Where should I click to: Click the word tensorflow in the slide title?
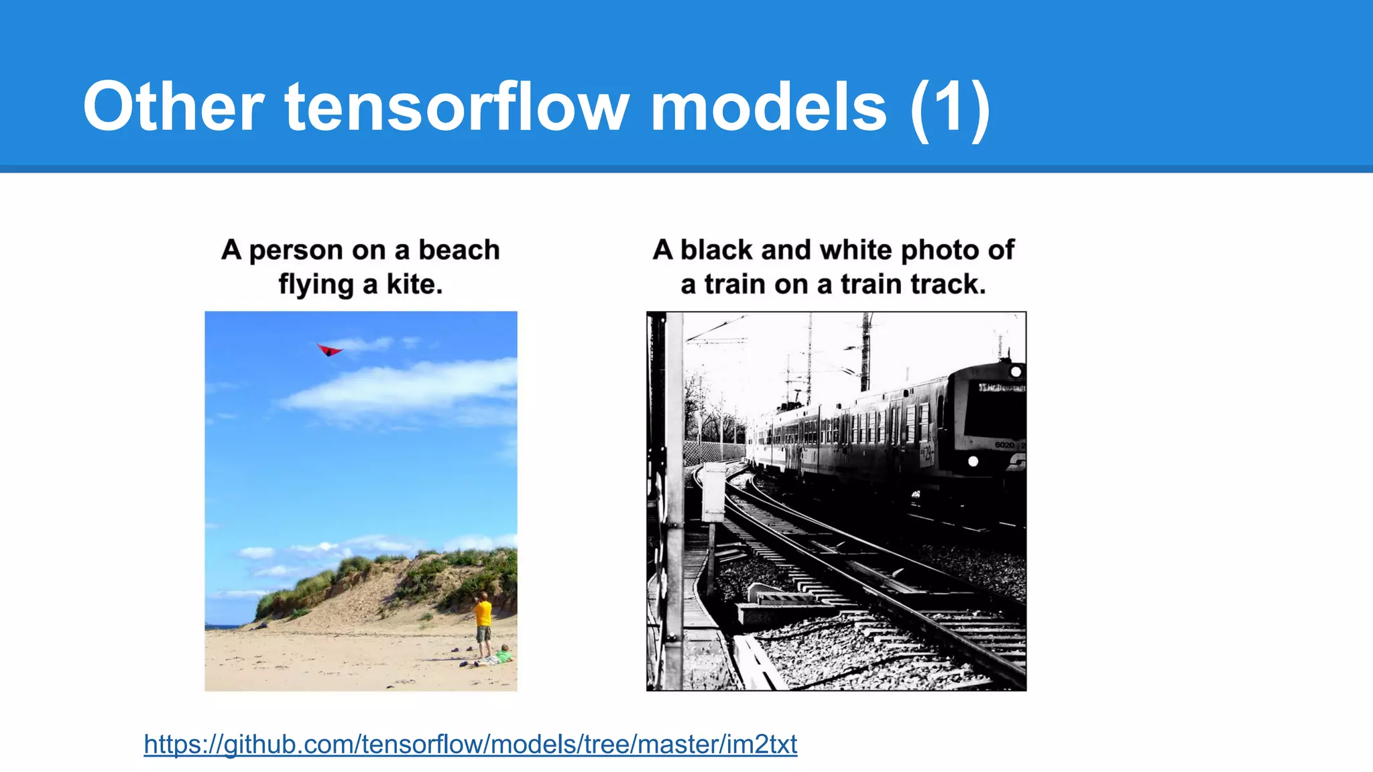[x=457, y=107]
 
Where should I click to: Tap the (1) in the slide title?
[x=950, y=109]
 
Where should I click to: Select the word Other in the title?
[x=174, y=107]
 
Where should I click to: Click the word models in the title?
[x=769, y=107]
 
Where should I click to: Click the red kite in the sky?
[x=329, y=349]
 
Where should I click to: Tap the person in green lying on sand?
[x=502, y=655]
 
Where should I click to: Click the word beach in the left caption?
[x=459, y=250]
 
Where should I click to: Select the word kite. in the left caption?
[x=414, y=284]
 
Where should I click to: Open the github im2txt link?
[x=470, y=744]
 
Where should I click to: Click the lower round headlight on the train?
[x=973, y=461]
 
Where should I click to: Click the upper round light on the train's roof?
[x=1015, y=371]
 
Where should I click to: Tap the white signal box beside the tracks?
[x=713, y=493]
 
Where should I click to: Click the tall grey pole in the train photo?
[x=674, y=499]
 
